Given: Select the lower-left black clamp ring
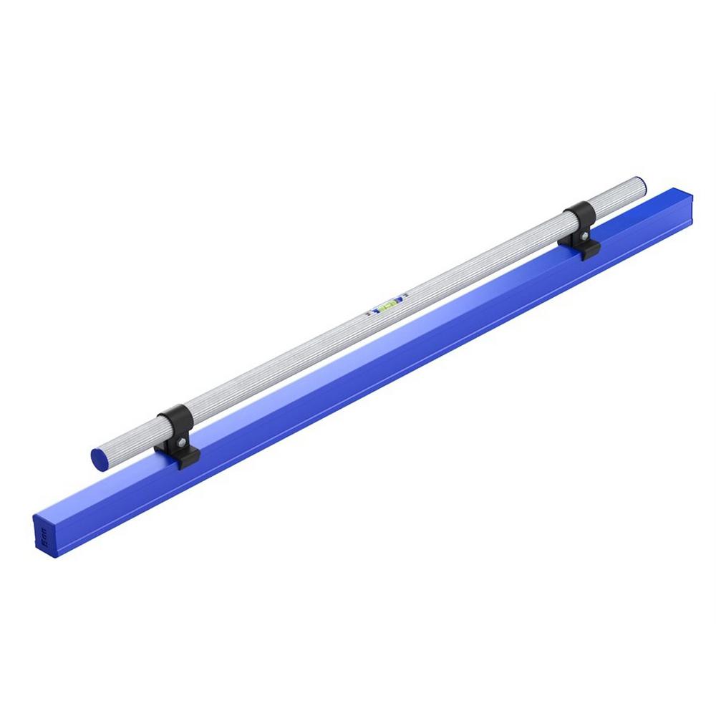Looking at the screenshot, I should point(174,422).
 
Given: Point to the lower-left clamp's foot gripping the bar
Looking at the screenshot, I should point(188,458).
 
